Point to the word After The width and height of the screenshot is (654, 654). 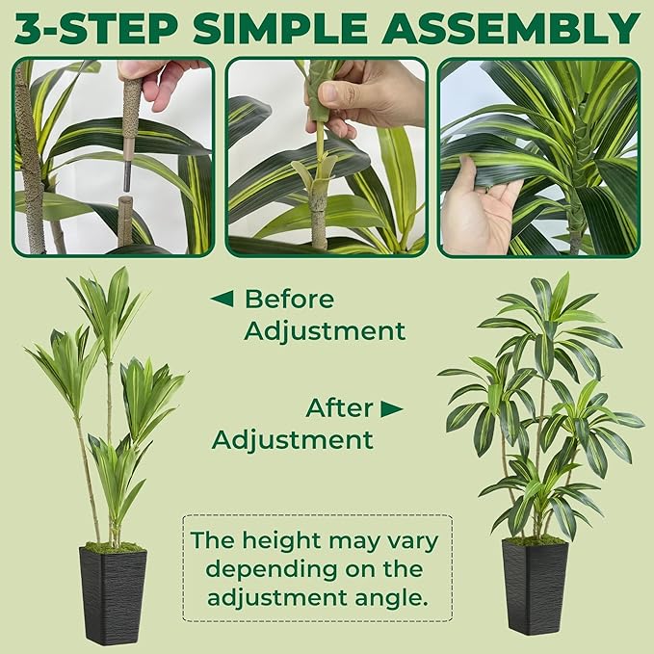tap(339, 407)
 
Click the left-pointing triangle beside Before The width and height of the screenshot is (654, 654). tap(222, 299)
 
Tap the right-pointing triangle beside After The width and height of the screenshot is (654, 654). tap(390, 408)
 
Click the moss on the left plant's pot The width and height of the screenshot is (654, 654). tap(114, 547)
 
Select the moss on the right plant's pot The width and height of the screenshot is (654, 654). tap(535, 540)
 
